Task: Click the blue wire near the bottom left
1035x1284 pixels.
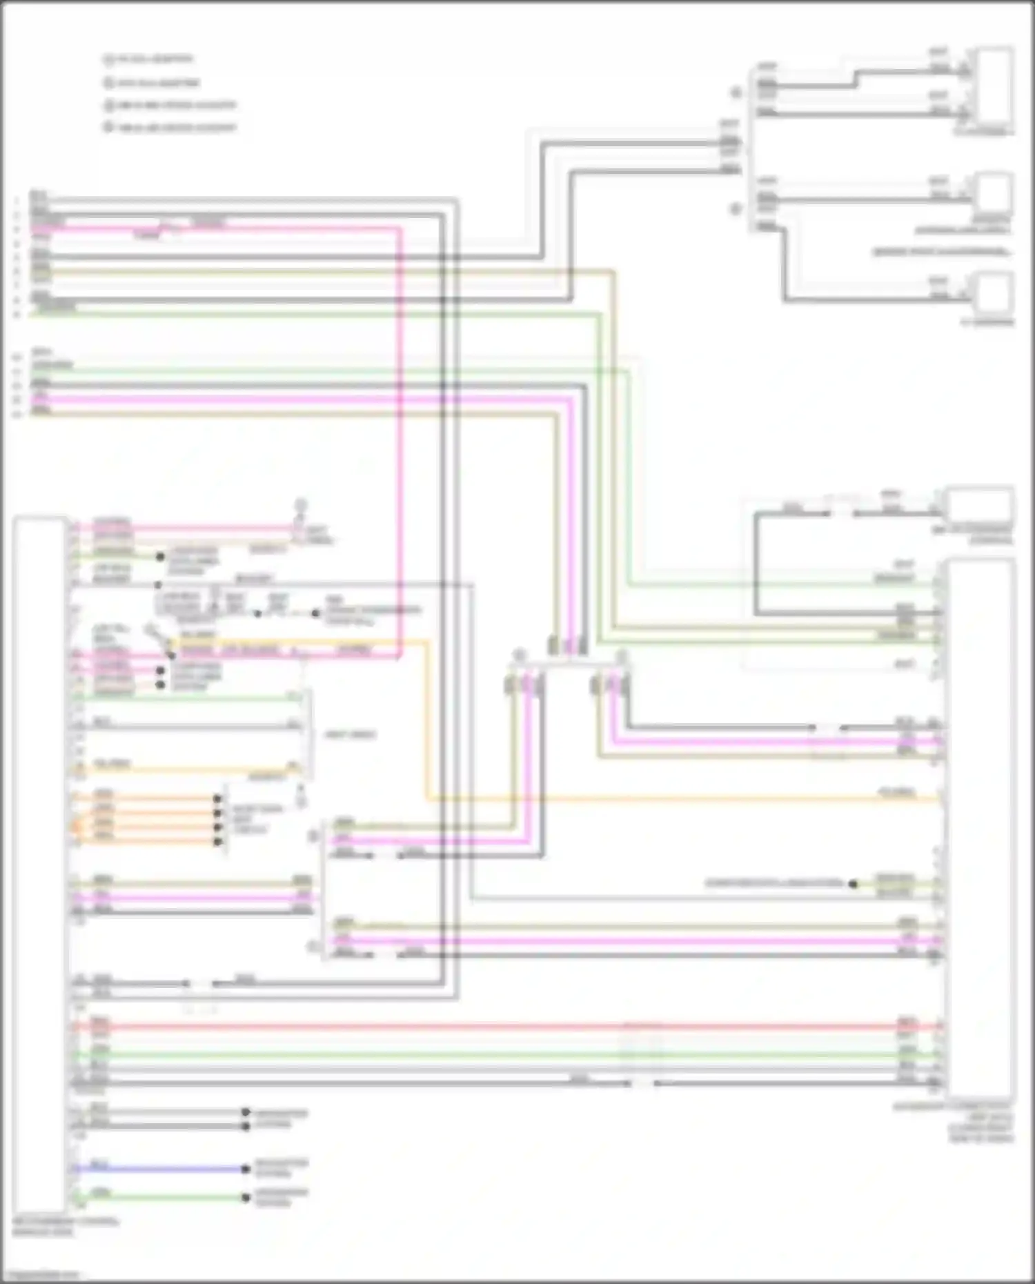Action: tap(159, 1169)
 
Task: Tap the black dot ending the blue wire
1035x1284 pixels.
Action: tap(245, 1169)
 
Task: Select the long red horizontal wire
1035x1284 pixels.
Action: tap(483, 1027)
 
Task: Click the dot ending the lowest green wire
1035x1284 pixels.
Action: tap(245, 1198)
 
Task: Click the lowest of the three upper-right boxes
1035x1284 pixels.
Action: tap(994, 293)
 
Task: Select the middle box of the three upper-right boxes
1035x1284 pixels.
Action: tap(994, 193)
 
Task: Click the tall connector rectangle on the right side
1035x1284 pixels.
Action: tap(980, 828)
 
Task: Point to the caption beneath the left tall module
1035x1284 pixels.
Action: tap(66, 1227)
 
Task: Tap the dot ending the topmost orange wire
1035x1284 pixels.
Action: tap(217, 799)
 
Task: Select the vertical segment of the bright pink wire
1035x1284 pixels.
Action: tap(400, 442)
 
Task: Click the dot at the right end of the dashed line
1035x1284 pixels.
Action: tap(315, 613)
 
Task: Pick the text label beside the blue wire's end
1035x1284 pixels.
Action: tap(281, 1168)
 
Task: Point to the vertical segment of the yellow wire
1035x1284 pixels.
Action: tap(427, 718)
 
